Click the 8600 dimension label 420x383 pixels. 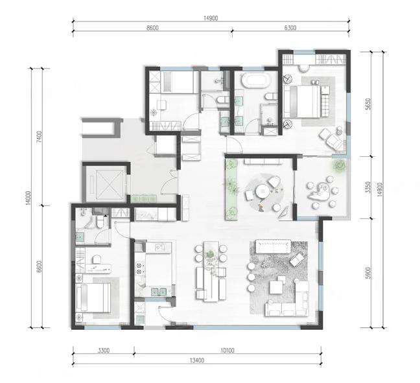152,28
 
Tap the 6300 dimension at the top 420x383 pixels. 290,28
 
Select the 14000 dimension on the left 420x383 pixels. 29,198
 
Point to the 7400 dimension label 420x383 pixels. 40,137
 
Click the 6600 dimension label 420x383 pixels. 40,266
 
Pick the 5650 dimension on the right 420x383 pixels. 368,104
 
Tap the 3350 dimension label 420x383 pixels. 368,187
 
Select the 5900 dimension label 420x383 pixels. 368,273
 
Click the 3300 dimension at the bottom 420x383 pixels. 104,351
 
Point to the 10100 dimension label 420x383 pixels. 227,351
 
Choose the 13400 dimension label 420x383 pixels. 197,360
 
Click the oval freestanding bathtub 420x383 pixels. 255,81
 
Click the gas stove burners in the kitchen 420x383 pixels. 139,269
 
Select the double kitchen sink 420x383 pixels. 159,292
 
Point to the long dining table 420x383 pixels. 211,271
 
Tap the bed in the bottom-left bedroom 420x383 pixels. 93,297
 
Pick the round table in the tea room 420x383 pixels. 262,191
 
